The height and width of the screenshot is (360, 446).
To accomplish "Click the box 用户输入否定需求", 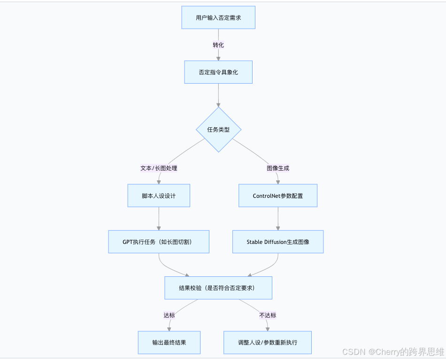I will [218, 18].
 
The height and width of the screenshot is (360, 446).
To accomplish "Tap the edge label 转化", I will [218, 45].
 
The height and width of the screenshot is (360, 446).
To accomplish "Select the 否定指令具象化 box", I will [218, 72].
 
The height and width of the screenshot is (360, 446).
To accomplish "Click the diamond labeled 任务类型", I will [218, 130].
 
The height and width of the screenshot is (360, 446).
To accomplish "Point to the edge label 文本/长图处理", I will [159, 168].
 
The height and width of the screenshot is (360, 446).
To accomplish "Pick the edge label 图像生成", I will [278, 168].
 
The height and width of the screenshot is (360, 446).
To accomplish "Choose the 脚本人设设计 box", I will [159, 196].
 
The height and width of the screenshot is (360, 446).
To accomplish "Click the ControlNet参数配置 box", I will [278, 196].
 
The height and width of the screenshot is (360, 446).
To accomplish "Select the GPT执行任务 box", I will [159, 242].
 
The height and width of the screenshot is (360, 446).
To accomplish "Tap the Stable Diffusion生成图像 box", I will [278, 242].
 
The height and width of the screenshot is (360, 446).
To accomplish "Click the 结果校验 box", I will [218, 288].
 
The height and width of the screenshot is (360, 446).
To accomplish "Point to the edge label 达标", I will [169, 315].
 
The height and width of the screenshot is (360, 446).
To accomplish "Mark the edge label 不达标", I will [268, 315].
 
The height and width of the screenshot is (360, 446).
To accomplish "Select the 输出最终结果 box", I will [169, 342].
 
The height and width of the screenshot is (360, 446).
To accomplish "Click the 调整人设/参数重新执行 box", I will [268, 342].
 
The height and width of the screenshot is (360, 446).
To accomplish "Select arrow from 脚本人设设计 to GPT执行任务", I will [159, 219].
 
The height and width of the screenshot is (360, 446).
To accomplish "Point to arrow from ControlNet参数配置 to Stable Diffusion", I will [278, 219].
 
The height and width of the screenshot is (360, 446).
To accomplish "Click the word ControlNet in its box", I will [266, 196].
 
